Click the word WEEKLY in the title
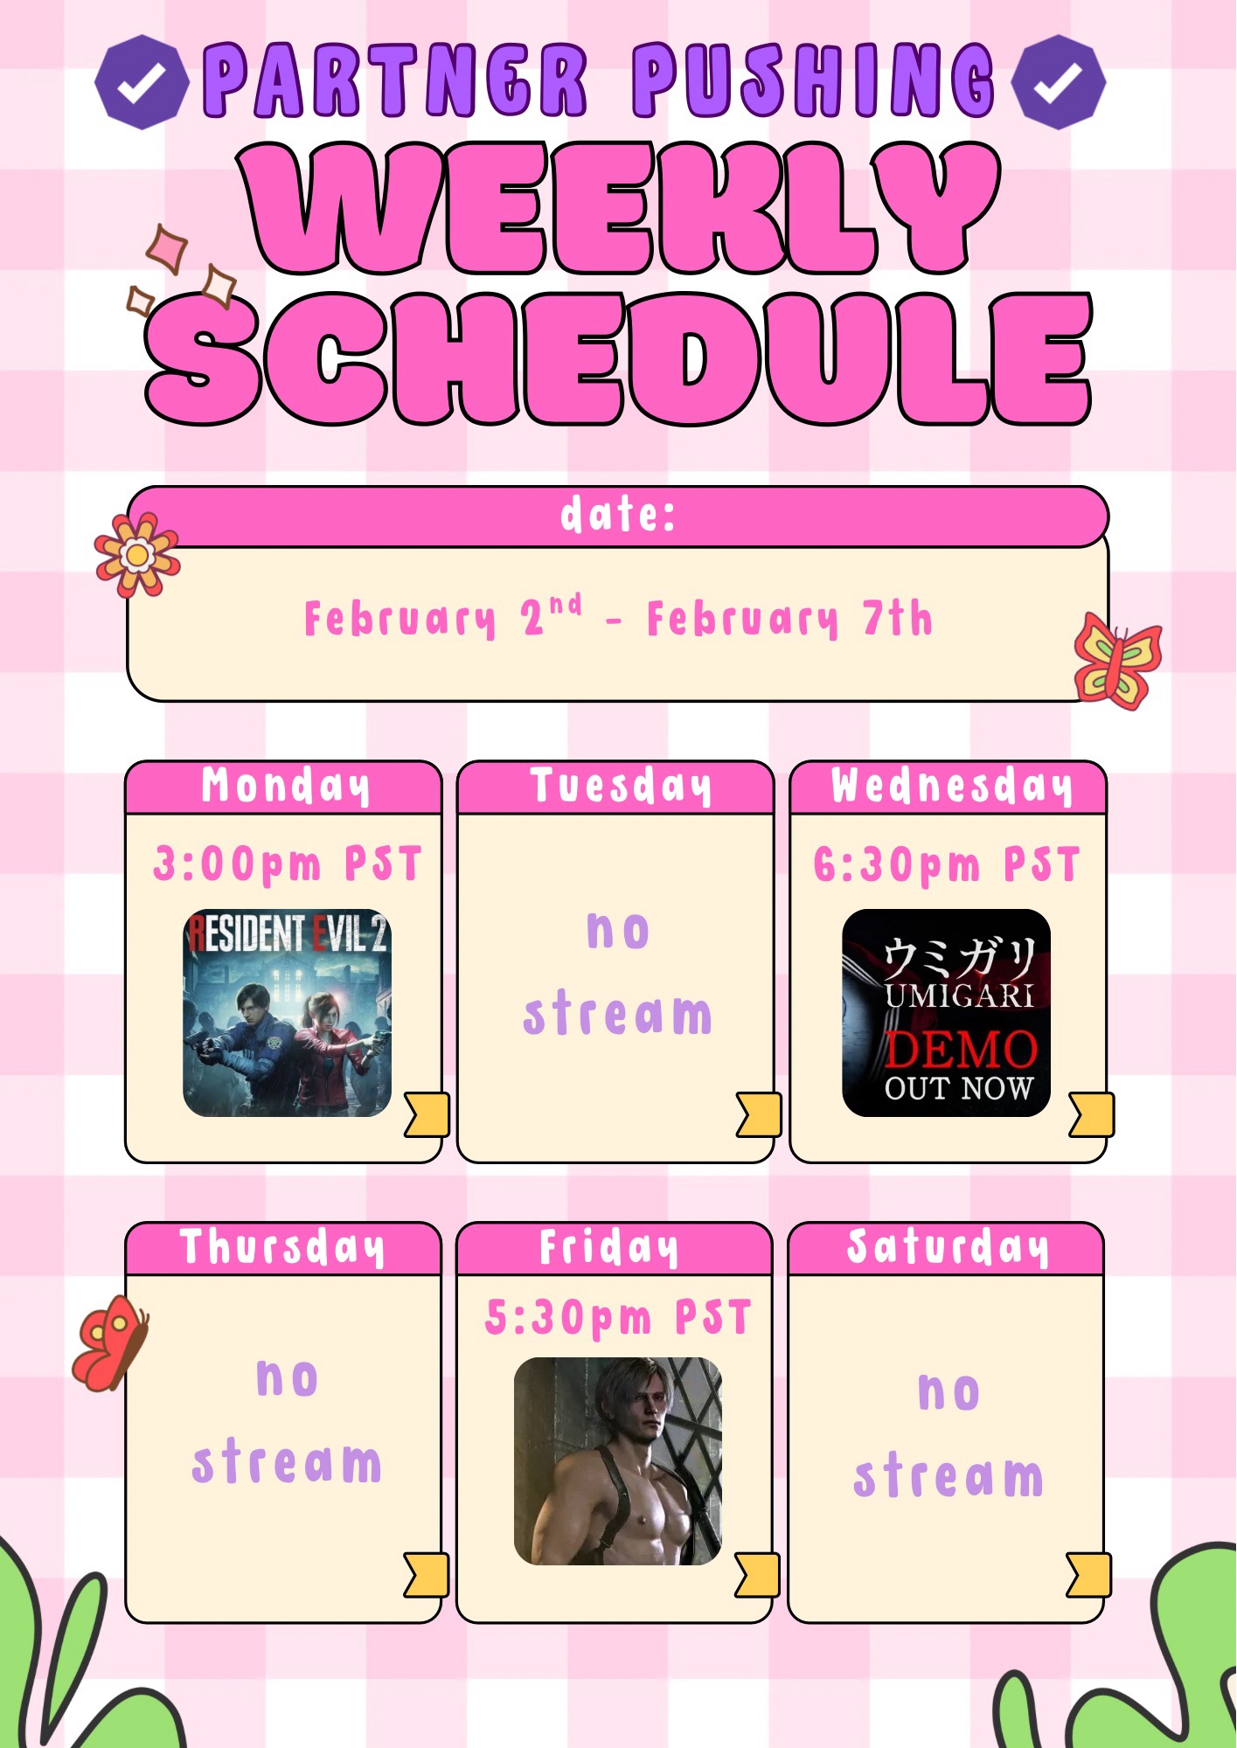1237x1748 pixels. pos(622,208)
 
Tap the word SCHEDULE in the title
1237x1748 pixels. pos(619,358)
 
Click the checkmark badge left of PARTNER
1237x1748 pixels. pos(141,82)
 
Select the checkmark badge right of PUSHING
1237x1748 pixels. pos(1058,82)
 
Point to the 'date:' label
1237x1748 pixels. pos(618,514)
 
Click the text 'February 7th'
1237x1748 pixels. pos(789,619)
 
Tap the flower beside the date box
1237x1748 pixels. pos(137,554)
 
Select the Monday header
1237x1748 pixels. pos(285,786)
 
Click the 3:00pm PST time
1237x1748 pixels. pos(288,864)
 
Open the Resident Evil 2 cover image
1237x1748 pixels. pos(287,1013)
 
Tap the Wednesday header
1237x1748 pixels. pos(951,786)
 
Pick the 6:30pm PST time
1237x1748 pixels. pos(947,864)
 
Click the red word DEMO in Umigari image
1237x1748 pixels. pos(961,1050)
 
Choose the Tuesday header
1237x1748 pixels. pos(621,786)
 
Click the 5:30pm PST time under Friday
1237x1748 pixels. pos(618,1317)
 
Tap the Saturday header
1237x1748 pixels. pos(948,1246)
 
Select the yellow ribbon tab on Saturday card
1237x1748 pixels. pos(1089,1575)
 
